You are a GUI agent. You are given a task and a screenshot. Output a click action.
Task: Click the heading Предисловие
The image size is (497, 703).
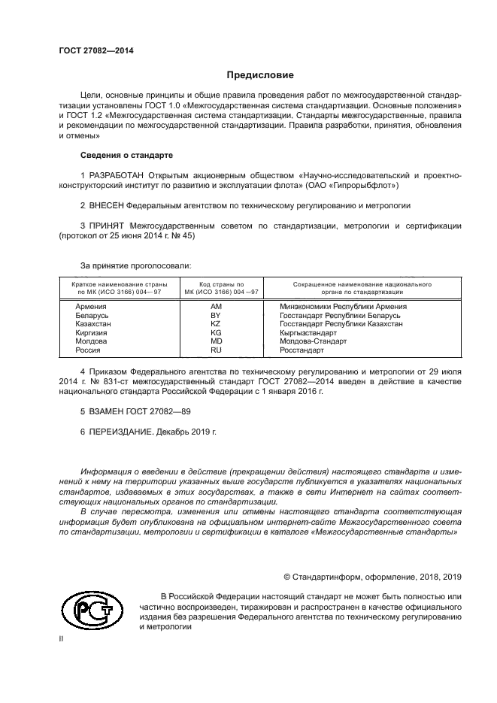[260, 75]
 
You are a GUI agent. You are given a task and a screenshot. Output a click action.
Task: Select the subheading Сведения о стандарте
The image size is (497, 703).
[126, 155]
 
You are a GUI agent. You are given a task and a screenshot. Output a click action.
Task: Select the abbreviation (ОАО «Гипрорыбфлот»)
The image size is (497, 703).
[350, 184]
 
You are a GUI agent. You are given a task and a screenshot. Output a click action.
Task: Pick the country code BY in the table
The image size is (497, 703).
[216, 316]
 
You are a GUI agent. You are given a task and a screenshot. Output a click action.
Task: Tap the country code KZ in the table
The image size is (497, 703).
[216, 324]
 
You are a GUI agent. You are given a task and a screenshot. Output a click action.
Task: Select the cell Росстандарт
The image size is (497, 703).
[302, 350]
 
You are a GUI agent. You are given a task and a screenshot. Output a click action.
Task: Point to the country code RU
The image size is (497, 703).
[216, 350]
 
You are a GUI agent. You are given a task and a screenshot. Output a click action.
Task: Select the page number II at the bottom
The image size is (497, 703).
[61, 638]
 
